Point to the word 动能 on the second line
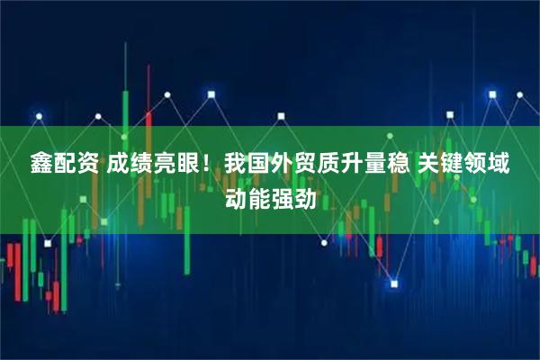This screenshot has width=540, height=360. pos(247,196)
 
